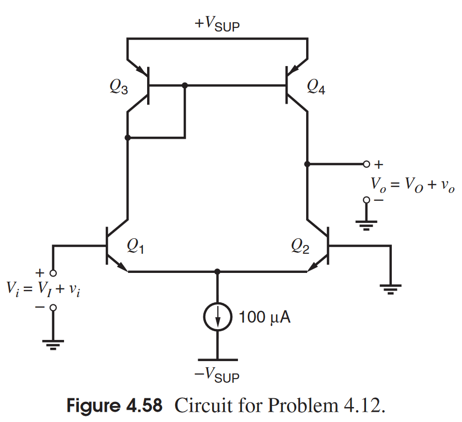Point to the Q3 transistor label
(119, 88)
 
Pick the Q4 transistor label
(316, 88)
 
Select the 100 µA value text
(265, 317)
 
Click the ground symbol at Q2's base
(391, 288)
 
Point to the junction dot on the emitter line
(217, 271)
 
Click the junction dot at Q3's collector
(128, 138)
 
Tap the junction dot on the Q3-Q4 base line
(185, 85)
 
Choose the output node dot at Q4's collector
(307, 165)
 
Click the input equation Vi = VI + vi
(44, 289)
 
